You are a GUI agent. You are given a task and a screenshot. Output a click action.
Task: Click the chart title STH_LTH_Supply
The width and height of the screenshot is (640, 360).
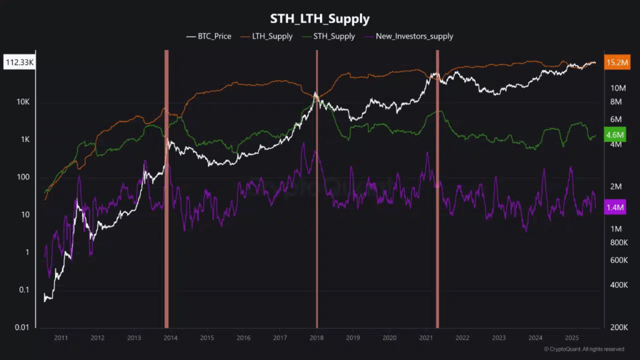coord(320,18)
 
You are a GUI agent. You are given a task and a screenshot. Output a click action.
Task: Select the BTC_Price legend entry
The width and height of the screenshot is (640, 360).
coord(209,36)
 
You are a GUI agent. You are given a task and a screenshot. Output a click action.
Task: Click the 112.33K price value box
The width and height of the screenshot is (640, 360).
coord(19,62)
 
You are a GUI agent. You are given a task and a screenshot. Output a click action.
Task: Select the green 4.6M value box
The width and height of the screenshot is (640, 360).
coord(616,135)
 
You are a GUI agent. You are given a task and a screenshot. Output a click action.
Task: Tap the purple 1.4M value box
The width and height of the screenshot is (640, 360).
coord(616,207)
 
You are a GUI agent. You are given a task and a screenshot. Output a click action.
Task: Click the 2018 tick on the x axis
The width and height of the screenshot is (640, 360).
coord(317,337)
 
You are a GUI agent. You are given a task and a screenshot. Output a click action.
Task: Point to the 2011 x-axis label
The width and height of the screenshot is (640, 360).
coord(61,337)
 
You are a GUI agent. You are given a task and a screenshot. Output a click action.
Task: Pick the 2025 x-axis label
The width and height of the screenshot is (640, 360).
coord(572,337)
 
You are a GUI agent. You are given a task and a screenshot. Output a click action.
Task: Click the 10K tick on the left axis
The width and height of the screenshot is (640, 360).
coord(23,102)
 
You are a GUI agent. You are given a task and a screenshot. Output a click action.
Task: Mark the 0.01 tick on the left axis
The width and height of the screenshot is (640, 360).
coord(22,327)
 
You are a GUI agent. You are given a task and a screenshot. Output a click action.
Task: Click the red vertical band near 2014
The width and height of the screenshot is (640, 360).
coord(166,187)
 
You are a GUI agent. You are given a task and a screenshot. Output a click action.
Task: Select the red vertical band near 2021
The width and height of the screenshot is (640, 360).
coord(437,187)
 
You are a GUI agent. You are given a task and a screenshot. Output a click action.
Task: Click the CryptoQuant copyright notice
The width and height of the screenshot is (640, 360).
coord(584,349)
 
